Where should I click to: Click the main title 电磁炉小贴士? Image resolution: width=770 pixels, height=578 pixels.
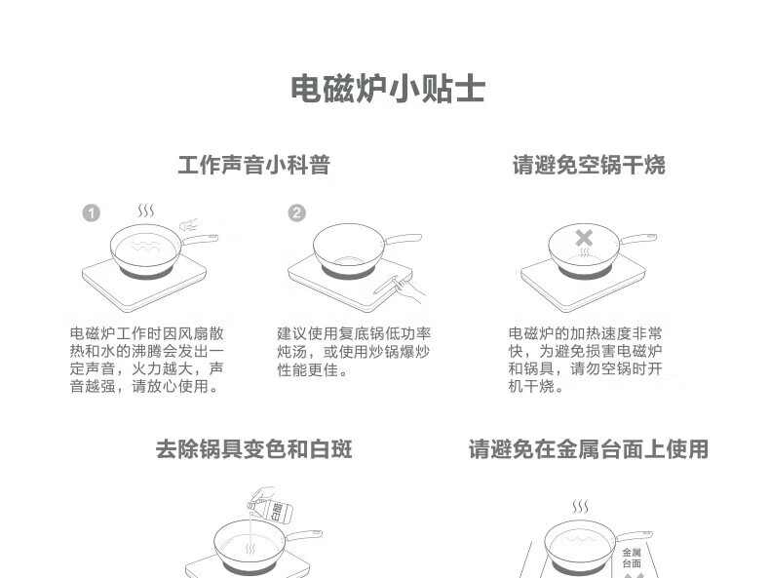[x=388, y=89]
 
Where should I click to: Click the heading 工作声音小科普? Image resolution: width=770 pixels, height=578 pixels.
[x=253, y=165]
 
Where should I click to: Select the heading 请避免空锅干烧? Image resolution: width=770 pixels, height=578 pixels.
[x=589, y=165]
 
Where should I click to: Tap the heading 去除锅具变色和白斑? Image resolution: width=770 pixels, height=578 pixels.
[x=253, y=448]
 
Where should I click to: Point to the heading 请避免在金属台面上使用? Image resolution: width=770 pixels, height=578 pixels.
[x=588, y=448]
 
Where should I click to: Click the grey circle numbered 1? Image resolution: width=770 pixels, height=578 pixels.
[x=91, y=213]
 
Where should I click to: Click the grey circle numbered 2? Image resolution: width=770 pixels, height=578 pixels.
[x=296, y=213]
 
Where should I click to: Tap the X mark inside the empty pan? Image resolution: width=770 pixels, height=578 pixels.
[x=583, y=238]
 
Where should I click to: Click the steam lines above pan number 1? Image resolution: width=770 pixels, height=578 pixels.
[x=145, y=212]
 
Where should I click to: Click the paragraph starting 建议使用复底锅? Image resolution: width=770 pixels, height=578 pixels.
[x=353, y=352]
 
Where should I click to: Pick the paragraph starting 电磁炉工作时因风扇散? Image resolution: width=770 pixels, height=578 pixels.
[x=147, y=360]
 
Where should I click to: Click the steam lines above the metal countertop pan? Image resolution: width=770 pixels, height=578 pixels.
[x=580, y=507]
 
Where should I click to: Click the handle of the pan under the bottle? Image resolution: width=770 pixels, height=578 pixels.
[x=302, y=535]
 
